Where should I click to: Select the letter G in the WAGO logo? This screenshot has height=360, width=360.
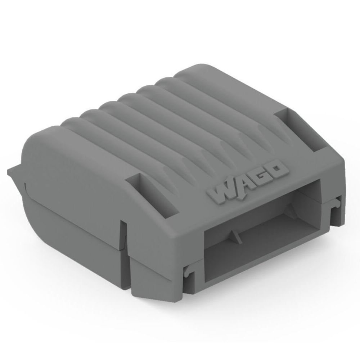pyautogui.click(x=261, y=175)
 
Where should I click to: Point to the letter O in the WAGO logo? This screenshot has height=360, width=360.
pyautogui.click(x=278, y=168)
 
